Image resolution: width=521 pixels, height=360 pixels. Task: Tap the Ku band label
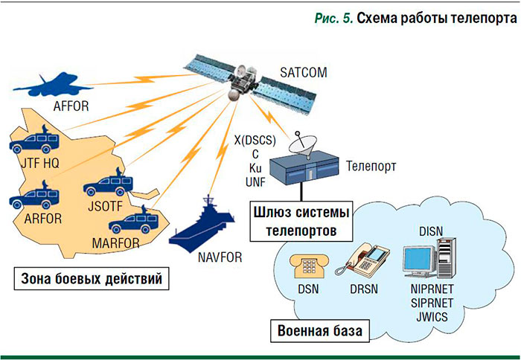tap(255, 170)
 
